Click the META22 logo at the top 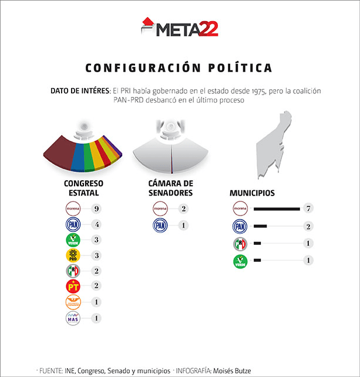click(180, 28)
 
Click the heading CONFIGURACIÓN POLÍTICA click(179, 68)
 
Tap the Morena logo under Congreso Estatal click(73, 208)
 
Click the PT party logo click(73, 287)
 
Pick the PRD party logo click(73, 255)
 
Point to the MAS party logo click(73, 318)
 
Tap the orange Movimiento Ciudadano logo click(73, 302)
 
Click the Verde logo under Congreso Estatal click(73, 240)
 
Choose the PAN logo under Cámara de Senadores click(160, 225)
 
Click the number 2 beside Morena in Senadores click(184, 208)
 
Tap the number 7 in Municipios click(307, 208)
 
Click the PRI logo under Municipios click(240, 243)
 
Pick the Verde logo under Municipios click(240, 261)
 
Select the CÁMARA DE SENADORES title click(170, 187)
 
